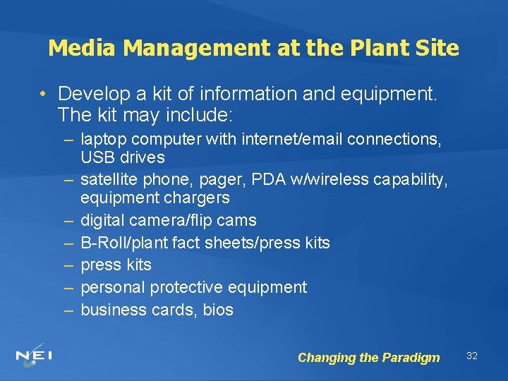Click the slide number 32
472,356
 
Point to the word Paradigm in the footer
411,358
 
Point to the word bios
217,310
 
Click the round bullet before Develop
44,94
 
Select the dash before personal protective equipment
68,287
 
